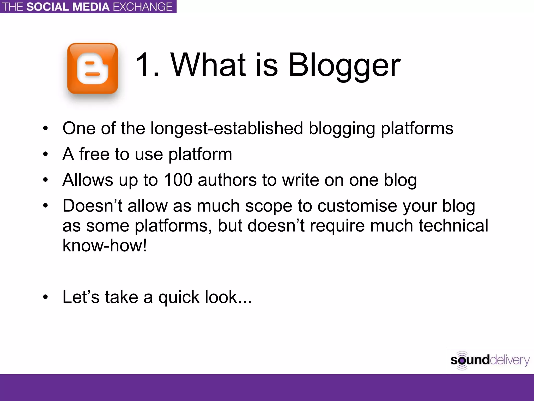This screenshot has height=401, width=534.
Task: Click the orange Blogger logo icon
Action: [93, 68]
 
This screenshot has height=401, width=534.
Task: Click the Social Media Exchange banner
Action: [88, 7]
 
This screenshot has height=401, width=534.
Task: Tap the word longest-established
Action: [227, 129]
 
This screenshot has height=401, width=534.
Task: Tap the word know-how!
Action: [105, 245]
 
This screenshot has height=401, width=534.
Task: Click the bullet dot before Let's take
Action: [46, 297]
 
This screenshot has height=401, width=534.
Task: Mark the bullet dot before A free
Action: [46, 154]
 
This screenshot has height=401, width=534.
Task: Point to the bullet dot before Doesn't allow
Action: [46, 206]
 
